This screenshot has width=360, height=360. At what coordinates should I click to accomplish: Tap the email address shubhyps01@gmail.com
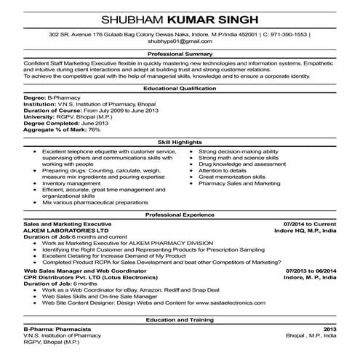click(x=180, y=41)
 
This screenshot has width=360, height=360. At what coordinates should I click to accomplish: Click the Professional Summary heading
click(x=179, y=55)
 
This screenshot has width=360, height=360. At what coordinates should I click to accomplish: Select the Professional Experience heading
click(x=179, y=215)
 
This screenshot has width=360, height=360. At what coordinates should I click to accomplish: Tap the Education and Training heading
click(x=179, y=320)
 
